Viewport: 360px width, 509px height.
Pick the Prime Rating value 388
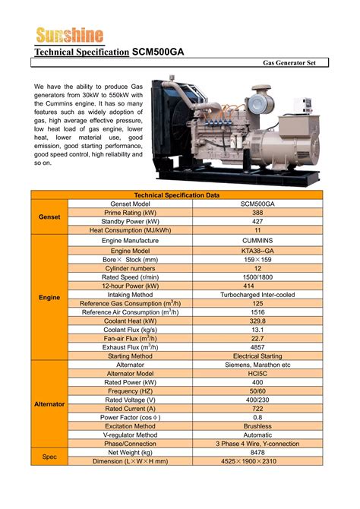click(x=257, y=213)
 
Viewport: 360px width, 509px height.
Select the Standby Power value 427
click(x=257, y=221)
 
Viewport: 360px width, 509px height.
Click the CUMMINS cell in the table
click(x=257, y=240)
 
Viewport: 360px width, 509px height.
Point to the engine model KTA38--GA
click(x=257, y=251)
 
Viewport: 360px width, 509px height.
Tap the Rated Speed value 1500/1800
click(x=257, y=277)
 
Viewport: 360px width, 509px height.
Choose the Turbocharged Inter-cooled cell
click(x=257, y=294)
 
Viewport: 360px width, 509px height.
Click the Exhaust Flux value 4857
click(x=257, y=346)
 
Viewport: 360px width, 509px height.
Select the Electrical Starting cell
click(x=257, y=356)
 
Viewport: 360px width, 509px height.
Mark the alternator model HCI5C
click(x=257, y=373)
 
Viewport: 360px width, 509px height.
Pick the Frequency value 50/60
click(x=257, y=390)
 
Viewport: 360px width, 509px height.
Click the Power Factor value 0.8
click(x=257, y=417)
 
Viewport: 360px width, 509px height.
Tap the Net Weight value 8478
click(x=257, y=452)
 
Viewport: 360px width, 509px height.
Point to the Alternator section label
click(x=49, y=404)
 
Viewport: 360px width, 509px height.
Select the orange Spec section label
click(x=49, y=457)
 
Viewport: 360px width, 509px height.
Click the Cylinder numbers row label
click(x=130, y=268)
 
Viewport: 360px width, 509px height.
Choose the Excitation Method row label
click(x=130, y=426)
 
